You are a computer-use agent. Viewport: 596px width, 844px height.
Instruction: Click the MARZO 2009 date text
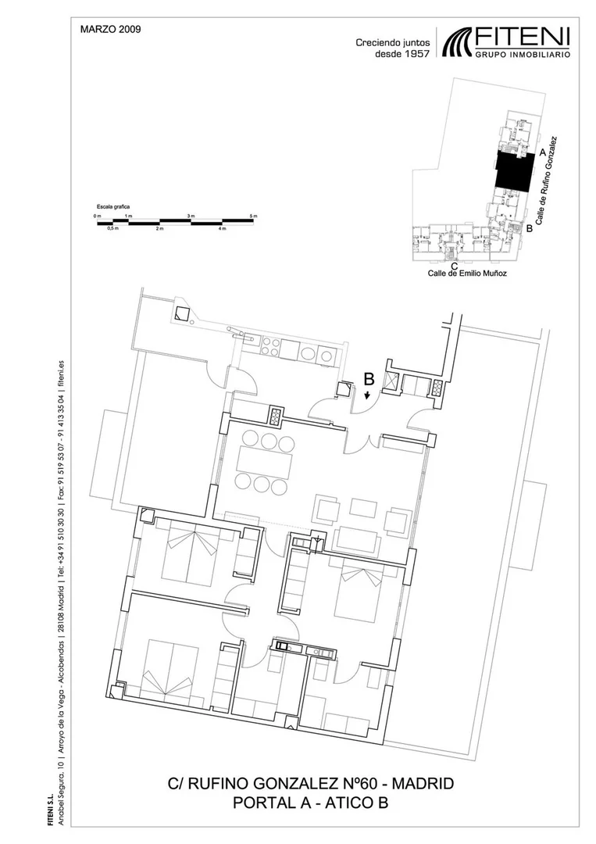tap(110, 30)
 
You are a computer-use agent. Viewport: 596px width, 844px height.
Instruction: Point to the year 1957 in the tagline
tap(417, 53)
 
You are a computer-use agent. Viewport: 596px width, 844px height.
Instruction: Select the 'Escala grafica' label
tap(113, 206)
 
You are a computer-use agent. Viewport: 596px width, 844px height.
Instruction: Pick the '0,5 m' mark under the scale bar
tap(112, 228)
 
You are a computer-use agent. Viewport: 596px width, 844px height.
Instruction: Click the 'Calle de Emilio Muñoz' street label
tap(467, 274)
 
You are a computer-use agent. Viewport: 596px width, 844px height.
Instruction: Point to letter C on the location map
tap(455, 266)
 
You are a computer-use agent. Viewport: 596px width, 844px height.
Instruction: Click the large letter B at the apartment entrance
tap(369, 379)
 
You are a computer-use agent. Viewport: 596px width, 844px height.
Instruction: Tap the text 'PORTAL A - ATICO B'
tap(310, 803)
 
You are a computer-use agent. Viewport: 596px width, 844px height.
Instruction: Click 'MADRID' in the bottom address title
tap(423, 784)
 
